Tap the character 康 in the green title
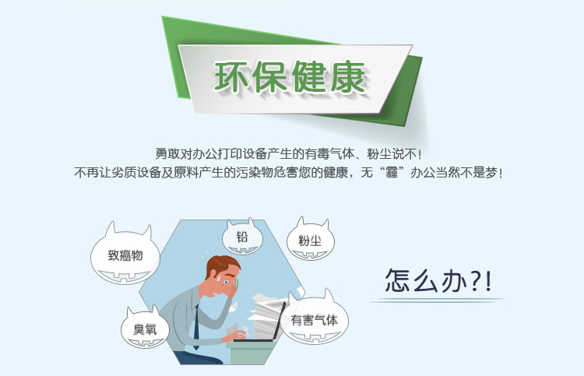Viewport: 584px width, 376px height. point(347,77)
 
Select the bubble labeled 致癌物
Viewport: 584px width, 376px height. point(125,255)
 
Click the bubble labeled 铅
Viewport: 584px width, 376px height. point(242,237)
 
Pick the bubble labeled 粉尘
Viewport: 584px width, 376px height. point(310,240)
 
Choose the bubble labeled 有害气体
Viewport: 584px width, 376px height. point(315,318)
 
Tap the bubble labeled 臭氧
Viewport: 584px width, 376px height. point(145,328)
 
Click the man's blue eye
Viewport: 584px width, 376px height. point(226,283)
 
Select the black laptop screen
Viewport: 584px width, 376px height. point(278,321)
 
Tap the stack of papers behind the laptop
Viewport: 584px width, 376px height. point(264,315)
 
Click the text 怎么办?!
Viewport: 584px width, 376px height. point(438,281)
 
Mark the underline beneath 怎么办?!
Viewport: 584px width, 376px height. point(437,300)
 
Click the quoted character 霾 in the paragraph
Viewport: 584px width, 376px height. point(392,173)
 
